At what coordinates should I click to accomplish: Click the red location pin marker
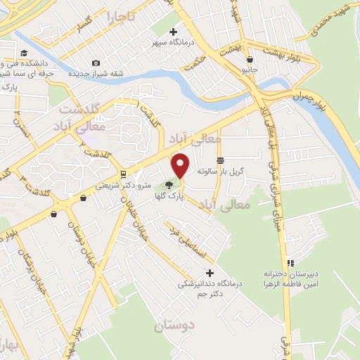point(181,165)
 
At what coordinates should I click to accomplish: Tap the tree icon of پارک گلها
point(169,186)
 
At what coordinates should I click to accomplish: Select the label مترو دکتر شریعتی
point(124,186)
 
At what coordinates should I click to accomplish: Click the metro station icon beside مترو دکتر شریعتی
point(123,174)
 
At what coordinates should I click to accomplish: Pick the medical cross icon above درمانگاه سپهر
point(174,32)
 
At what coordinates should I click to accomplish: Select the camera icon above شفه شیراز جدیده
point(96,63)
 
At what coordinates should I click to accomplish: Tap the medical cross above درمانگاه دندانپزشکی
point(209,272)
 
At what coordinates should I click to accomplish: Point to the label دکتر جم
point(209,294)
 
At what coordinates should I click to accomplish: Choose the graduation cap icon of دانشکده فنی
point(25,53)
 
